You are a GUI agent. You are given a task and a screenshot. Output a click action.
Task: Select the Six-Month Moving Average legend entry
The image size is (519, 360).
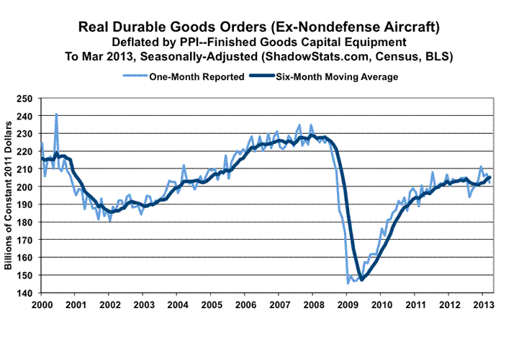point(338,76)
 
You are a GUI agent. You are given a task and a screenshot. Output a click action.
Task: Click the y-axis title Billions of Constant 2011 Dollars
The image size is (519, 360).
point(9,194)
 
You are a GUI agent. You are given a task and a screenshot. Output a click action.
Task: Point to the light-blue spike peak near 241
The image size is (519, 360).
point(56,114)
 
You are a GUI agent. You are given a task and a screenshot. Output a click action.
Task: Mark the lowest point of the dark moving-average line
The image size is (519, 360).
point(361,280)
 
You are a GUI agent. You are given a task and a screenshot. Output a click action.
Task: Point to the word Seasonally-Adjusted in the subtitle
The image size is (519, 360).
point(206,56)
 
